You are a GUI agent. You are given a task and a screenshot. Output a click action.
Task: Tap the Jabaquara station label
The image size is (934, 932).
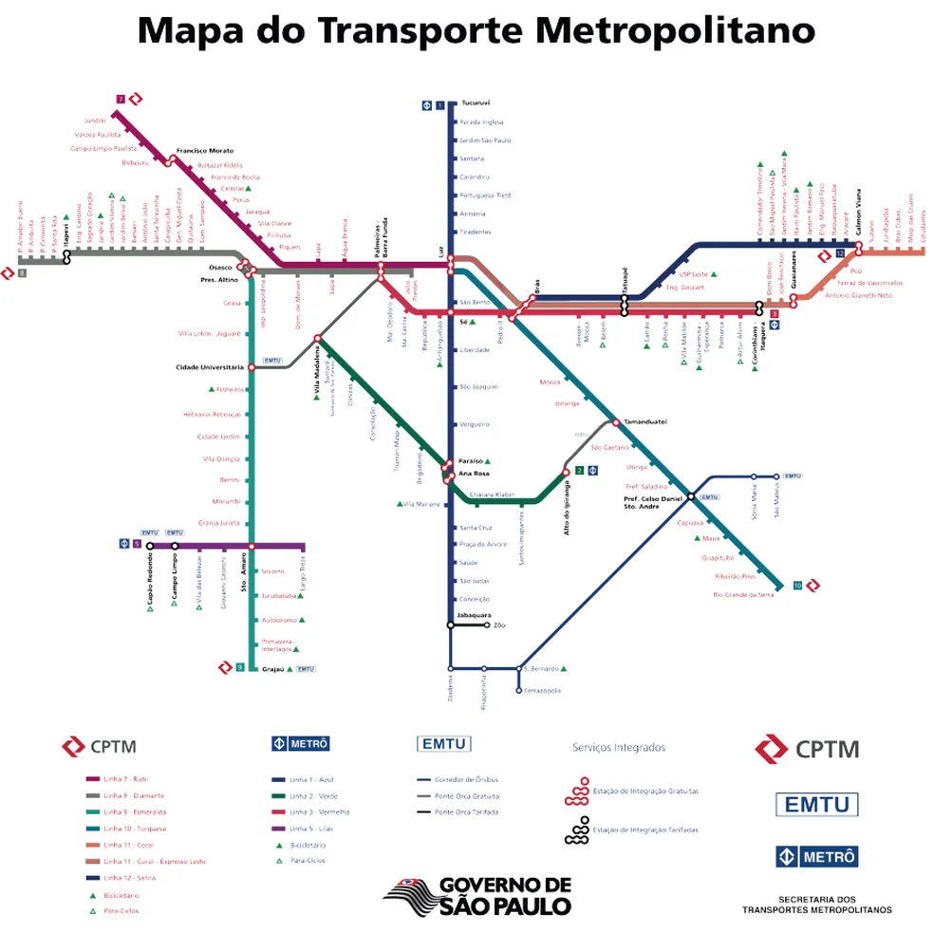[x=473, y=616]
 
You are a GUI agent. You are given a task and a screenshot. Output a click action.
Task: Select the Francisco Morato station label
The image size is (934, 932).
[x=204, y=151]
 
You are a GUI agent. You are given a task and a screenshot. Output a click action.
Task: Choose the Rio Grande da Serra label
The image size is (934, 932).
[x=743, y=594]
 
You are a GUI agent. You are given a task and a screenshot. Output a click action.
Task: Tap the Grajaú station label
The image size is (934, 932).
[x=273, y=668]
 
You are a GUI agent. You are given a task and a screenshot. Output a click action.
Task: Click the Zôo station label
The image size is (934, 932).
[x=500, y=625]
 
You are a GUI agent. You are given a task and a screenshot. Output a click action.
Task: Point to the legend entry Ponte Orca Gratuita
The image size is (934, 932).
[x=466, y=795]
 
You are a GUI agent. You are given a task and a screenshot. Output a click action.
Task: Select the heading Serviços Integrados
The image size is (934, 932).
[x=619, y=748]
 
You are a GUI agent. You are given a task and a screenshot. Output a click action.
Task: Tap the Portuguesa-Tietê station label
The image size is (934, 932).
[x=486, y=195]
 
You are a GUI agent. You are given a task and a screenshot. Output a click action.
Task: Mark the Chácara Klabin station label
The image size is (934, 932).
[x=492, y=494]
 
